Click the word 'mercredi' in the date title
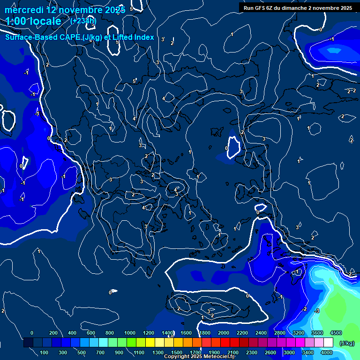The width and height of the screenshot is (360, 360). [24, 10]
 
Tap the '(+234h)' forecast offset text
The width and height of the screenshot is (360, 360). [83, 21]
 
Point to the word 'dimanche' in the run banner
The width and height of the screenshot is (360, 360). [297, 7]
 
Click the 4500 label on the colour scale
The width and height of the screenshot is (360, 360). [336, 333]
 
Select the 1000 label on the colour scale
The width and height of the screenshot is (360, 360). [129, 333]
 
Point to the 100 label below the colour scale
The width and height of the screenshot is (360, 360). [45, 352]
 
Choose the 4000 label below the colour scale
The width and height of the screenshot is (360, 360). [327, 352]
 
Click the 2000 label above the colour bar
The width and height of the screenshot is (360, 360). [223, 333]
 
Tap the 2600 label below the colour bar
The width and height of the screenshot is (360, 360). [270, 352]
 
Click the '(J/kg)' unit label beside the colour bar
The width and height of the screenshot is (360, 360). [347, 343]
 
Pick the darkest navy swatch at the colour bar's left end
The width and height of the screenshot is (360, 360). [28, 343]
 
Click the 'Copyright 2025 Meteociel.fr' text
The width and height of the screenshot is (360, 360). [199, 357]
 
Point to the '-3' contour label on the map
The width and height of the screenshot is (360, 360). [317, 311]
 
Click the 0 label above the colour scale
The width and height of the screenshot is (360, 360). [32, 333]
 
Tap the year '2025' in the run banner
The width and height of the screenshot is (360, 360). [346, 7]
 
